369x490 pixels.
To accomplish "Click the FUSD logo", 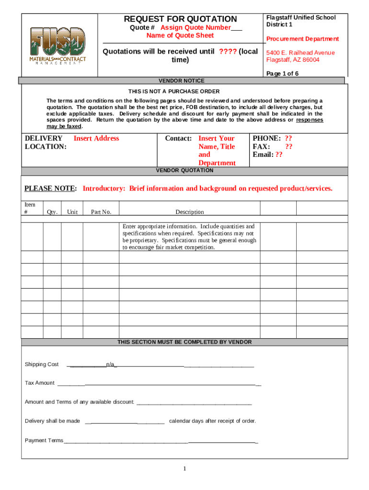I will [58, 47].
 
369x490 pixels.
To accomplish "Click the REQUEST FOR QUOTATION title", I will [180, 19].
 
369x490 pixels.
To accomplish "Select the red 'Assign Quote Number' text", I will [196, 27].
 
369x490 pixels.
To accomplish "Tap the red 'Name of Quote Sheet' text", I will [180, 35].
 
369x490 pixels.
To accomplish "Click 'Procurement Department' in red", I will [302, 39].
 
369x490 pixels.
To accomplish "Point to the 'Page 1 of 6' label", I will [282, 73].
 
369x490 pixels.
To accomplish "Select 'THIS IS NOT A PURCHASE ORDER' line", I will [174, 91].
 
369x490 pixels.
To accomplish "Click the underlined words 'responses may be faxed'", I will [309, 120].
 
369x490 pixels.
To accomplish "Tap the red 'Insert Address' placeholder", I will [96, 138].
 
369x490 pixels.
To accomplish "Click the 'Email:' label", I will [263, 155].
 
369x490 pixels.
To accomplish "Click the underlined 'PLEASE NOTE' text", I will [50, 189].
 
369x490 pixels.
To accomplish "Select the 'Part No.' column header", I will [101, 212].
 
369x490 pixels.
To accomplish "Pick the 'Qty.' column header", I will [52, 212].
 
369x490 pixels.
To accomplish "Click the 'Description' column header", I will [189, 212].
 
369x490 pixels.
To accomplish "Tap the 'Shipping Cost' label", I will [42, 365].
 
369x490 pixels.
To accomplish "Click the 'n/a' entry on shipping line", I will [110, 365].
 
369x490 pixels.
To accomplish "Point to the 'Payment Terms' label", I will [44, 440].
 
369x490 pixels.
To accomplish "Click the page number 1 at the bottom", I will [184, 468].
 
